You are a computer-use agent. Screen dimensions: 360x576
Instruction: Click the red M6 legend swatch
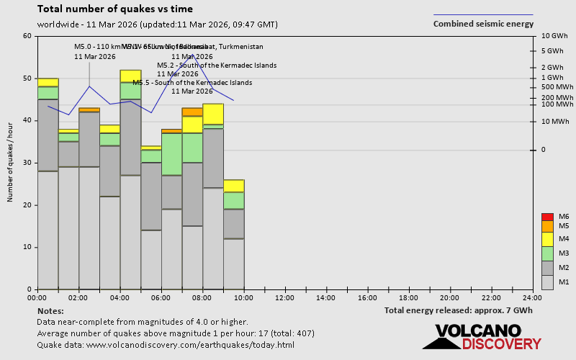[547, 217]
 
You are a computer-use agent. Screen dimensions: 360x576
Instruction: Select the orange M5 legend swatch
[547, 226]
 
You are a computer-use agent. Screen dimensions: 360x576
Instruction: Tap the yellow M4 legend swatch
[547, 239]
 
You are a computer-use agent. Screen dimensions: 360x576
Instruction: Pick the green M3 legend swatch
[547, 253]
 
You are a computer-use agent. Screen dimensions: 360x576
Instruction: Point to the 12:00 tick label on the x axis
[285, 297]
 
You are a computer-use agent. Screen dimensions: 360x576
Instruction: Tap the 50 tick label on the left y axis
[28, 78]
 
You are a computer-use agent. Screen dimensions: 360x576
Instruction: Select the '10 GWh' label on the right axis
[554, 36]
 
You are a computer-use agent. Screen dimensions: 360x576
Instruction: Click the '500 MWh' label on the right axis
[557, 87]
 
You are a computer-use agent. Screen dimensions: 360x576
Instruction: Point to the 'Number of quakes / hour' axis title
[11, 162]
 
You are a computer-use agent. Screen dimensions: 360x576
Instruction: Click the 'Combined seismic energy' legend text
[483, 24]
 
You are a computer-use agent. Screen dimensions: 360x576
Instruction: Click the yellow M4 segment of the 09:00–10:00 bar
[234, 186]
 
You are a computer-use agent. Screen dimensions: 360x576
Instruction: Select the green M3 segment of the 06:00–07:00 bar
[172, 154]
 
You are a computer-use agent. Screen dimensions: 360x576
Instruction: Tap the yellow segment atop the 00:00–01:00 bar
[48, 82]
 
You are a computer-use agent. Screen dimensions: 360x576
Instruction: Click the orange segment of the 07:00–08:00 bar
[192, 112]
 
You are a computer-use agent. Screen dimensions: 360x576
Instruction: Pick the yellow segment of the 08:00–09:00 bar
[213, 114]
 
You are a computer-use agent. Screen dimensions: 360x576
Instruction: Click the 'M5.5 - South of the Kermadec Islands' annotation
[192, 83]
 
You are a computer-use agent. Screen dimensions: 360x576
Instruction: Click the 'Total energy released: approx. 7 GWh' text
[459, 311]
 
